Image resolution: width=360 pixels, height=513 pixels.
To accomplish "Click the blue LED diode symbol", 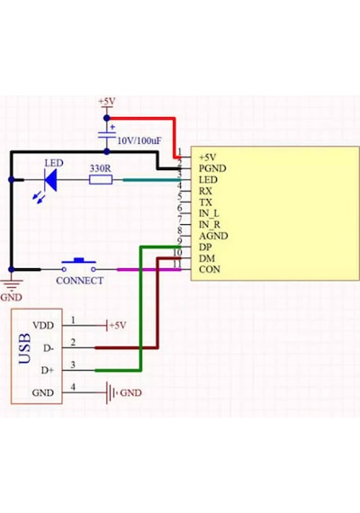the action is pyautogui.click(x=50, y=180).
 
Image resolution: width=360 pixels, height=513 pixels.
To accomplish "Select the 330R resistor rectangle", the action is pyautogui.click(x=101, y=180).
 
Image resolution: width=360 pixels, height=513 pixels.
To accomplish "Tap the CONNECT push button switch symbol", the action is pyautogui.click(x=79, y=265).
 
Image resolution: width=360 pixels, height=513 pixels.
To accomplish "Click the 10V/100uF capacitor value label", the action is pyautogui.click(x=139, y=141).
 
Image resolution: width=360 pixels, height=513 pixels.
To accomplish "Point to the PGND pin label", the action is pyautogui.click(x=212, y=168).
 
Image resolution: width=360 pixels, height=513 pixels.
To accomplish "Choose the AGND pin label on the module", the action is pyautogui.click(x=213, y=236).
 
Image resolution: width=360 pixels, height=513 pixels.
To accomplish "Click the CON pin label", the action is pyautogui.click(x=210, y=270).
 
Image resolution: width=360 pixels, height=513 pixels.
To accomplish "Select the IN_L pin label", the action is pyautogui.click(x=209, y=213).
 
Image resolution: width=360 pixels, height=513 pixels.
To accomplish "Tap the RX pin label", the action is pyautogui.click(x=205, y=191).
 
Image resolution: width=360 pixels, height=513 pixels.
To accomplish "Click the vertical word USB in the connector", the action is pyautogui.click(x=25, y=349).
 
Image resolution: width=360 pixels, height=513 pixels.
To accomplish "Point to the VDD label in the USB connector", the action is pyautogui.click(x=43, y=326).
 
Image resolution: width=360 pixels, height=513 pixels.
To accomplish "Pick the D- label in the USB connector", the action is pyautogui.click(x=49, y=348).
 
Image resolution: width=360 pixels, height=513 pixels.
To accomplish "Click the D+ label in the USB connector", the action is pyautogui.click(x=48, y=371).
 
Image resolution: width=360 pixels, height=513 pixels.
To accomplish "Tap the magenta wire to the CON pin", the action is pyautogui.click(x=148, y=270).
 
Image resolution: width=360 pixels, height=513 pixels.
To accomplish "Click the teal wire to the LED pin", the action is pyautogui.click(x=152, y=180).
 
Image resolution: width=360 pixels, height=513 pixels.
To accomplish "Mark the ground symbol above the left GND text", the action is pyautogui.click(x=12, y=284).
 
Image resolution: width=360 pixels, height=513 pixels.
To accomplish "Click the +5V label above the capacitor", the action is pyautogui.click(x=107, y=102).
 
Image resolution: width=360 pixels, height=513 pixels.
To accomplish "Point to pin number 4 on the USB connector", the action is pyautogui.click(x=73, y=387).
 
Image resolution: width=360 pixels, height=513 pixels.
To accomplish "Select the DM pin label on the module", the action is pyautogui.click(x=207, y=258).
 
